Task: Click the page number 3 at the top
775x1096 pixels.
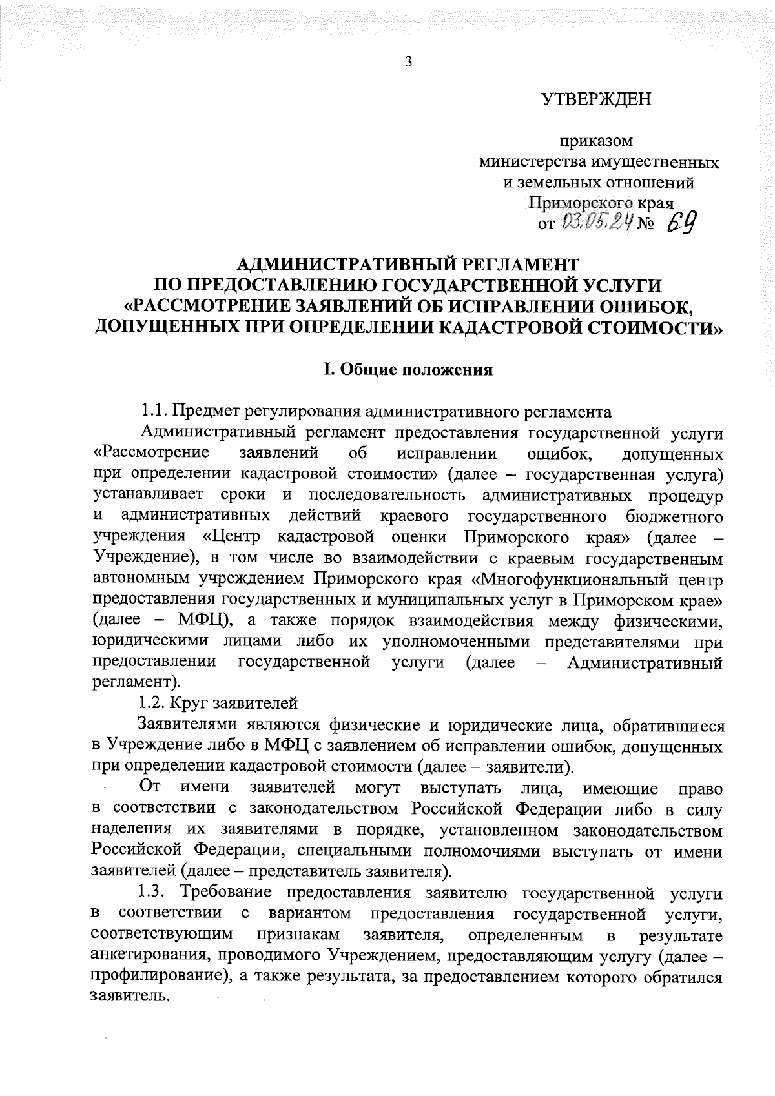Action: coord(408,62)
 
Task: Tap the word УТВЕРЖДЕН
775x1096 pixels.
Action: coord(596,99)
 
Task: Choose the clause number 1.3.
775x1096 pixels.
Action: coord(155,893)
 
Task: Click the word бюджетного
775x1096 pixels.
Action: coord(674,516)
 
